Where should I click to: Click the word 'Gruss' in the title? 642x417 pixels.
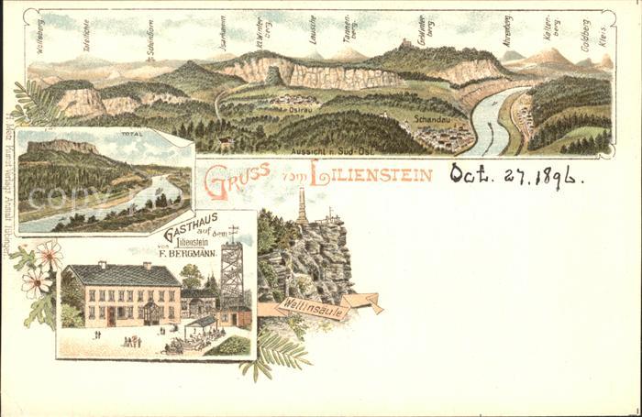[237, 179]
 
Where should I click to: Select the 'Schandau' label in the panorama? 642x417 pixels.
[431, 118]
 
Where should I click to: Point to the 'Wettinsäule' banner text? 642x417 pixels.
[313, 311]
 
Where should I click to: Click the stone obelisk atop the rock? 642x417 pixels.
[302, 207]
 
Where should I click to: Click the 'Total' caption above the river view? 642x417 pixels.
[131, 134]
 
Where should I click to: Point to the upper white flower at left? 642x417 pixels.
[50, 253]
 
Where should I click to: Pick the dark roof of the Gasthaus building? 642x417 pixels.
[123, 275]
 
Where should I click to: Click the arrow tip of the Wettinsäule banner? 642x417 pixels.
[378, 309]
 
